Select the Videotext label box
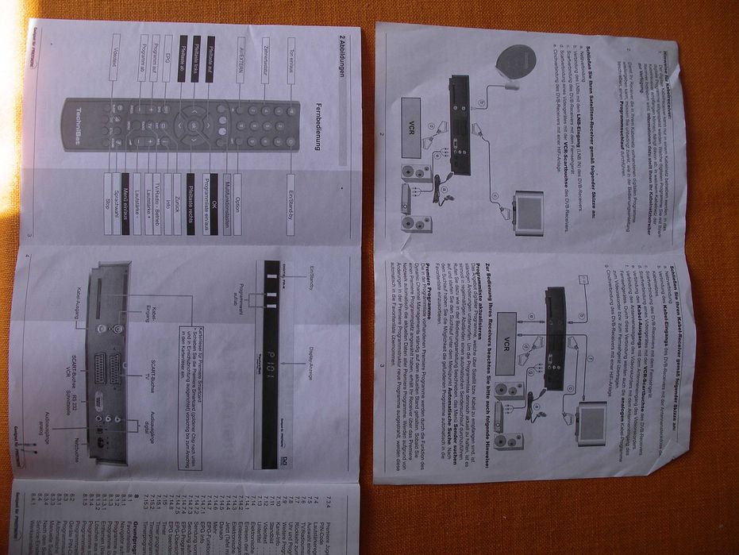pos(117,60)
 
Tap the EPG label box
pos(167,60)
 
